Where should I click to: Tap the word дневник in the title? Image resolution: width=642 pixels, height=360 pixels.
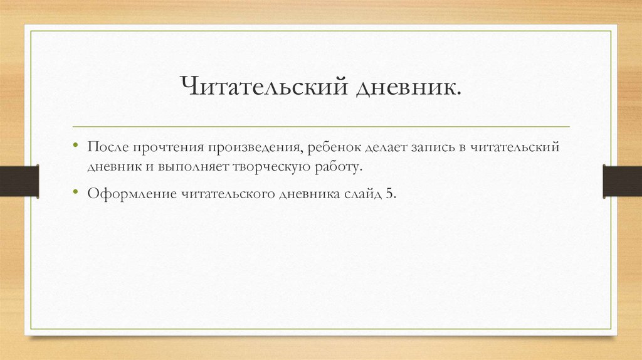point(407,87)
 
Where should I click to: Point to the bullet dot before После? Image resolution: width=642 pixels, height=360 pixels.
point(75,145)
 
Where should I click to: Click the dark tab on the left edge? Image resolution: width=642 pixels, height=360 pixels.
point(19,181)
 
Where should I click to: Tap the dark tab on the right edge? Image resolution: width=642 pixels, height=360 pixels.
point(623,181)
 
